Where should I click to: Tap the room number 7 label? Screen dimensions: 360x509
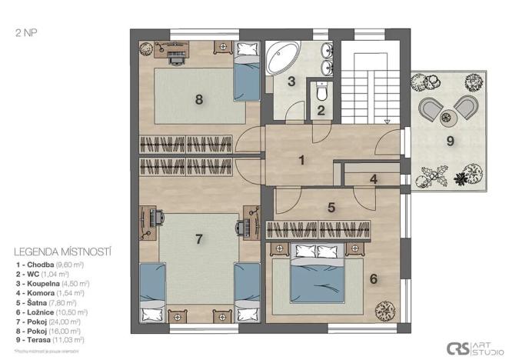pyautogui.click(x=198, y=239)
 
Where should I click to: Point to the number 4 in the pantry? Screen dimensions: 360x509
pyautogui.click(x=373, y=180)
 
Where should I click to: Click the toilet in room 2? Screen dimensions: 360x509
pyautogui.click(x=321, y=92)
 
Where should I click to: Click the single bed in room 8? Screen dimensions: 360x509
pyautogui.click(x=245, y=77)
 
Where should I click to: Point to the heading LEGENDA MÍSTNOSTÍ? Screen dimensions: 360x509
pyautogui.click(x=63, y=251)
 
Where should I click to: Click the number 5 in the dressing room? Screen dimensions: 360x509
pyautogui.click(x=331, y=207)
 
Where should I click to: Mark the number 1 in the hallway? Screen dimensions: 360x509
pyautogui.click(x=302, y=160)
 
